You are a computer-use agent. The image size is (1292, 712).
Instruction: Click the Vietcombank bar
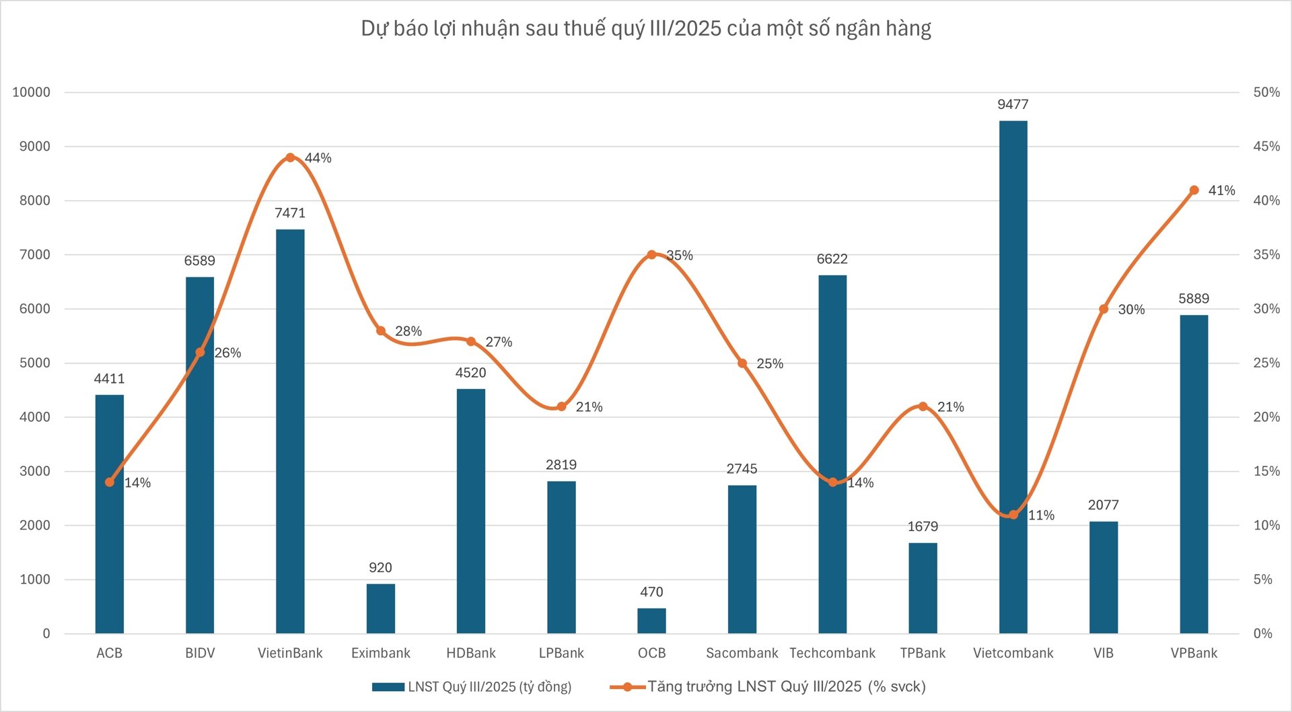[1013, 377]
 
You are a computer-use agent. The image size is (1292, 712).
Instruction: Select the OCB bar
[651, 620]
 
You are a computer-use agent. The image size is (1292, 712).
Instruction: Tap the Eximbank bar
[380, 608]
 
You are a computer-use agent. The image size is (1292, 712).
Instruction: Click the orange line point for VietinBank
[290, 157]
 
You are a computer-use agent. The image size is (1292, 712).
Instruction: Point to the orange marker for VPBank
[1194, 190]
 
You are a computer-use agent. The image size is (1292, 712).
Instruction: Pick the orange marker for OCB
[651, 255]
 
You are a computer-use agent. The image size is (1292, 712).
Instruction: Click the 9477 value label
[1013, 104]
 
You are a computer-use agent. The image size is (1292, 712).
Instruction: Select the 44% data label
[318, 158]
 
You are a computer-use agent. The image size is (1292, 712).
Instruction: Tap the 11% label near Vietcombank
[1041, 515]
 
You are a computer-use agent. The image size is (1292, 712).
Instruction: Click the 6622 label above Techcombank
[832, 259]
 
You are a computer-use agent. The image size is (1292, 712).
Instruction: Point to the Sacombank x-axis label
[742, 653]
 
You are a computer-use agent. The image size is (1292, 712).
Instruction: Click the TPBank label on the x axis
[923, 653]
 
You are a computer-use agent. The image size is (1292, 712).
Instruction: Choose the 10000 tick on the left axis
[31, 92]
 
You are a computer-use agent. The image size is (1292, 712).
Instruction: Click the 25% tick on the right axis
[1266, 363]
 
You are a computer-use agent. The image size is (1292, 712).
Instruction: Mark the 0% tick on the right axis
[1262, 633]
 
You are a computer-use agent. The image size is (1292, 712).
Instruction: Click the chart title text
[646, 28]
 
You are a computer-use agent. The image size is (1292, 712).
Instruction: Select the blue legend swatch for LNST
[388, 687]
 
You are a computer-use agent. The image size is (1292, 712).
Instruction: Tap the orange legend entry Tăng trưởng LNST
[786, 686]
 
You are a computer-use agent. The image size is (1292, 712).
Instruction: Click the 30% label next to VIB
[1131, 310]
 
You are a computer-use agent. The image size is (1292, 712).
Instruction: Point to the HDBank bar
[470, 511]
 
